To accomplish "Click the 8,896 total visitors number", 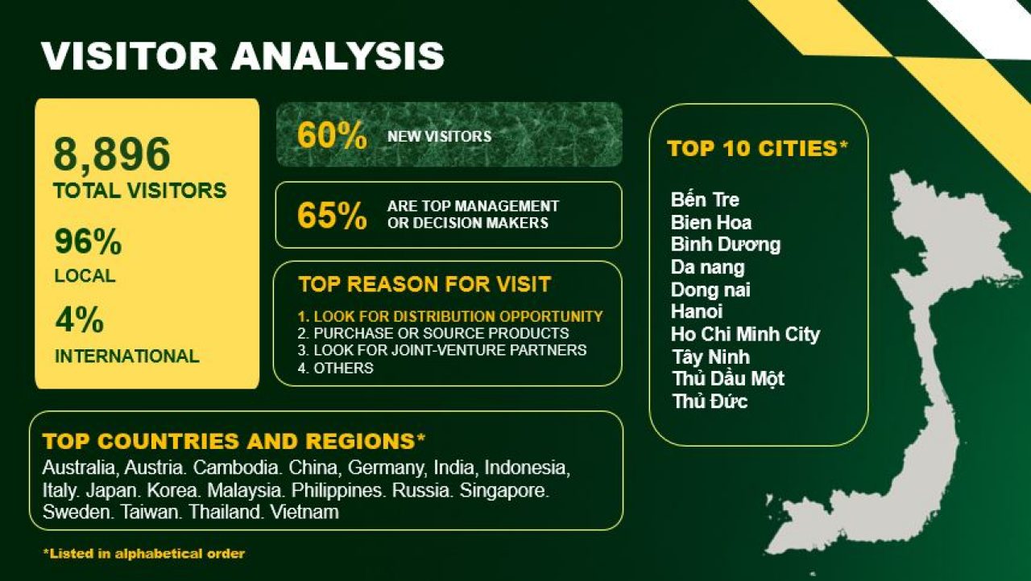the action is click(x=112, y=155).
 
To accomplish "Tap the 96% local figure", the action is click(x=88, y=241).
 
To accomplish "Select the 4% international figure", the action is click(x=79, y=319).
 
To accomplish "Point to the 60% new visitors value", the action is click(x=332, y=135).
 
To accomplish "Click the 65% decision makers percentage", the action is click(x=332, y=215).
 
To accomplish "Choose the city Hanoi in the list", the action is click(x=697, y=311).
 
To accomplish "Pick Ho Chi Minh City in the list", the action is click(x=745, y=334).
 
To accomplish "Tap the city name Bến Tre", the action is click(x=705, y=200).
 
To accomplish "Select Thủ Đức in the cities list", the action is click(x=710, y=401).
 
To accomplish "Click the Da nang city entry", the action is click(x=707, y=267).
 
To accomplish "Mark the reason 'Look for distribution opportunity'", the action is click(x=450, y=316).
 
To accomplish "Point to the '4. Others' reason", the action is click(x=336, y=369).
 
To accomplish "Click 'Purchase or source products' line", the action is click(x=433, y=333).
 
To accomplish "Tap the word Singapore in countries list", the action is click(x=504, y=490).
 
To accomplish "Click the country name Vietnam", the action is click(x=304, y=512).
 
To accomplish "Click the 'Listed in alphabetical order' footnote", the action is click(x=143, y=554).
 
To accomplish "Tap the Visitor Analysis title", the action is click(x=242, y=56).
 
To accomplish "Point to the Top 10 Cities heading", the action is click(x=757, y=148).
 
